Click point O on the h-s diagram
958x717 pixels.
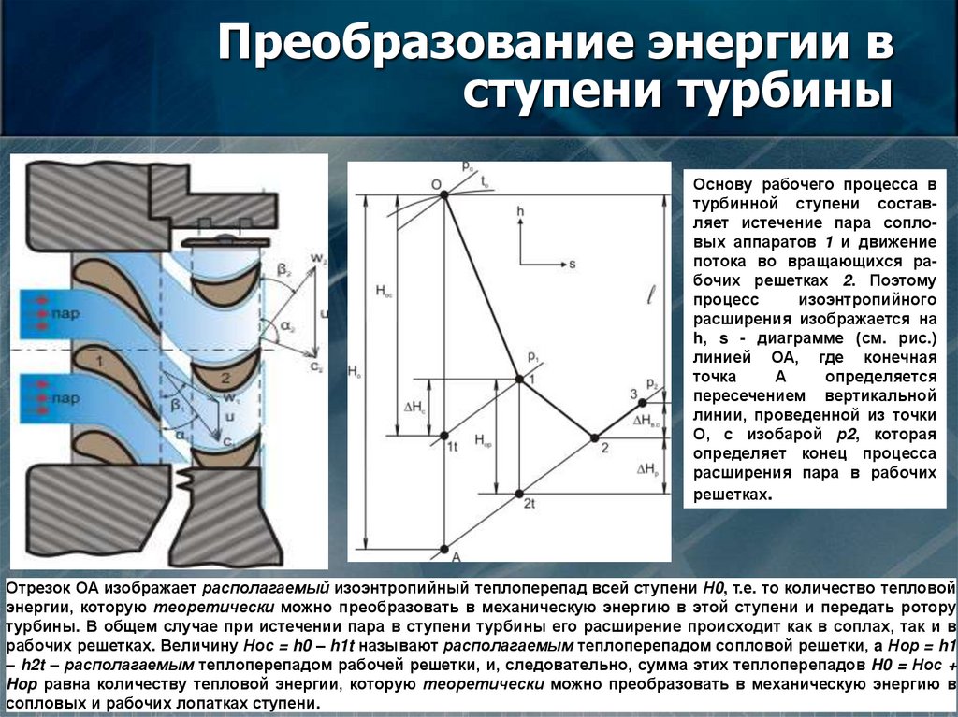444,194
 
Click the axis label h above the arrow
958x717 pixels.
520,213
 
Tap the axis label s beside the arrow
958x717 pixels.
571,265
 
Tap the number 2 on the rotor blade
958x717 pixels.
225,379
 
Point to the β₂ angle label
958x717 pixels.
283,271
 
